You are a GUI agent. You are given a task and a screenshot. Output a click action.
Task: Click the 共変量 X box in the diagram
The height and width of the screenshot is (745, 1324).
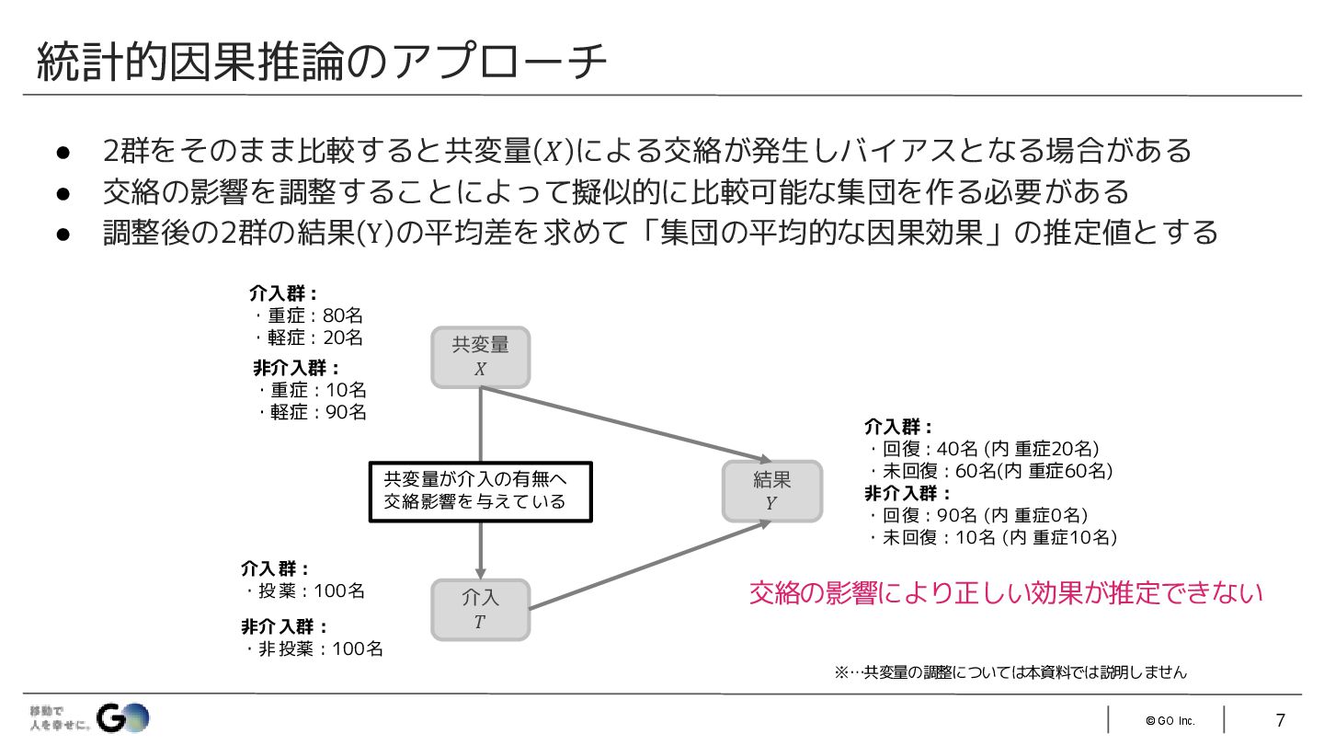point(480,357)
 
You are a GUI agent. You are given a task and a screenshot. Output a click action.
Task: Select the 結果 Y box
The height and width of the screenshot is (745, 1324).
point(771,491)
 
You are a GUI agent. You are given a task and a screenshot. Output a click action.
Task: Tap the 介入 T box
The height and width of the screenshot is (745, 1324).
point(480,610)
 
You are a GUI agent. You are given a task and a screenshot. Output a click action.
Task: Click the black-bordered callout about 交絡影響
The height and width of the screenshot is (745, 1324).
point(480,491)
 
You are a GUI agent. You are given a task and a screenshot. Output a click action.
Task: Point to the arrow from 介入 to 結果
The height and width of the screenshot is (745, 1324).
point(644,567)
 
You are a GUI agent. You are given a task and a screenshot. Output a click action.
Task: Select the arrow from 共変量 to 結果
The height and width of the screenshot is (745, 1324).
point(625,424)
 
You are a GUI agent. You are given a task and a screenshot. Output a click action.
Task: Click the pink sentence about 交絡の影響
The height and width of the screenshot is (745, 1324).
point(1006,593)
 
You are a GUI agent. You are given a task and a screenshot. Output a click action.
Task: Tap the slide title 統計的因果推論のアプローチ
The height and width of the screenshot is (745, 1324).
point(322,63)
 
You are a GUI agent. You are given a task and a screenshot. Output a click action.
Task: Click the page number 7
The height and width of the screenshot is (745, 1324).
point(1280,720)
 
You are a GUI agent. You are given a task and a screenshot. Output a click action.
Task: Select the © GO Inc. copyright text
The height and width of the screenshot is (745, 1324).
point(1170,720)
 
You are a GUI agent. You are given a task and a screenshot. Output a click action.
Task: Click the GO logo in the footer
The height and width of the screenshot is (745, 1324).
point(123,717)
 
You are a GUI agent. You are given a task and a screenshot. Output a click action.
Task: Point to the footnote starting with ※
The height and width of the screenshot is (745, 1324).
point(1010,672)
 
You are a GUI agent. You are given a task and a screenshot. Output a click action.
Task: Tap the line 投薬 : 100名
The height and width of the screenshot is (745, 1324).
point(306,590)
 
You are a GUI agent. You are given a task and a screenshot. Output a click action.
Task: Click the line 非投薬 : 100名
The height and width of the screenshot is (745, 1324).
point(315,648)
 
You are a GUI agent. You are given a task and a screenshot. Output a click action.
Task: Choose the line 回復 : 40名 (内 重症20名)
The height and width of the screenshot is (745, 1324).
point(985,449)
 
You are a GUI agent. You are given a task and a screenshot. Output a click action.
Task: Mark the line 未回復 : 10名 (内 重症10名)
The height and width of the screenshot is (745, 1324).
point(994,537)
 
